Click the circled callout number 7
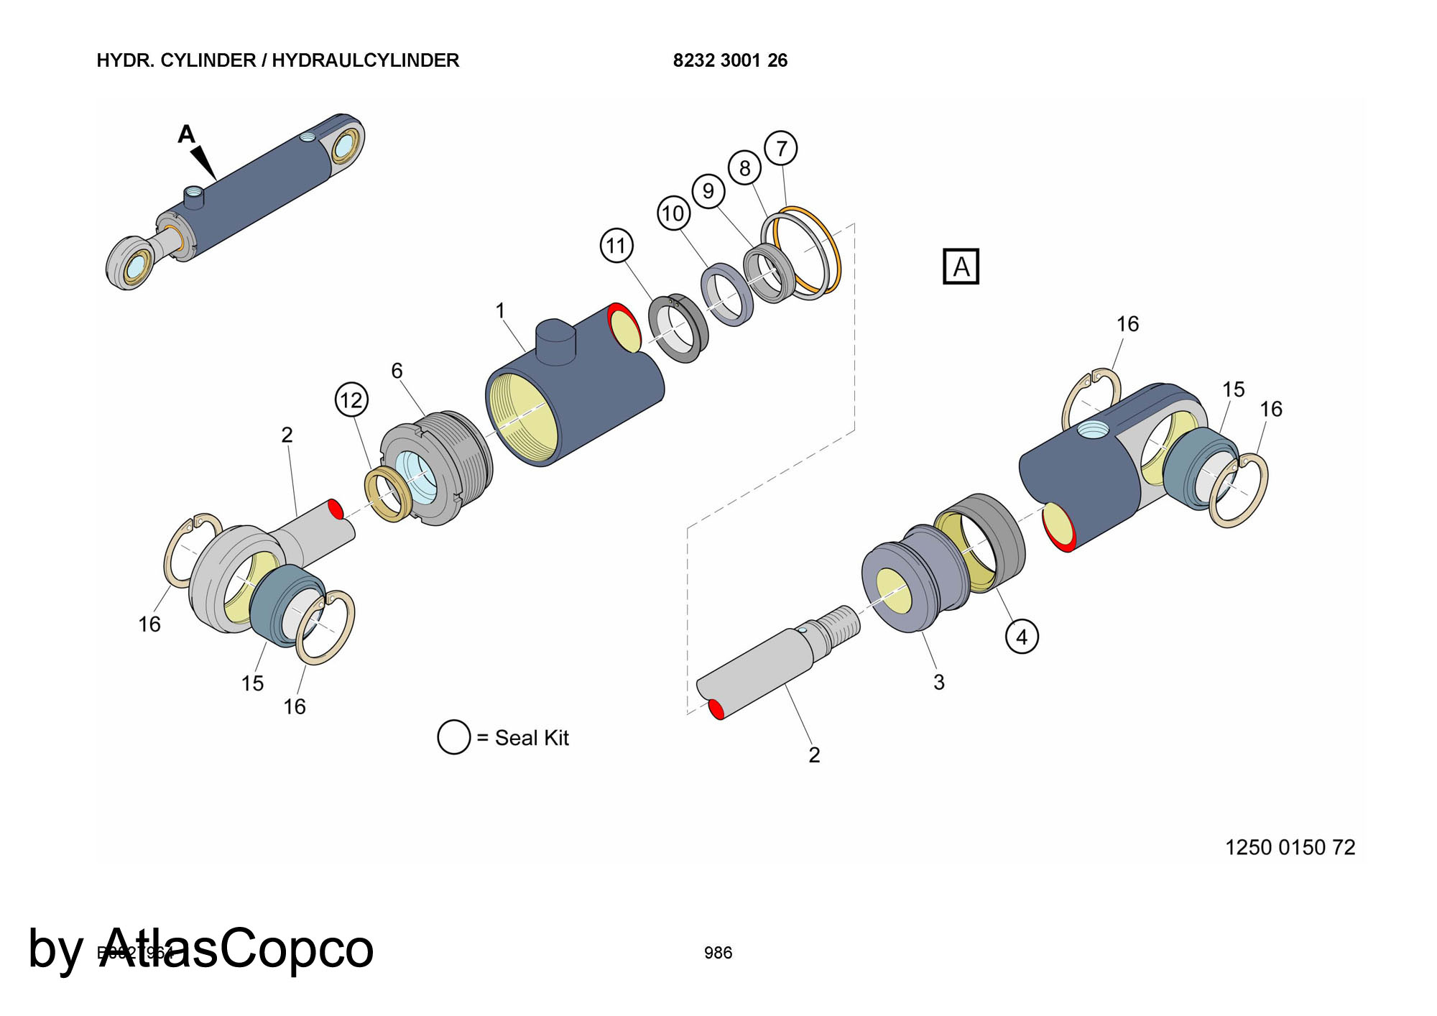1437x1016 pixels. [x=781, y=149]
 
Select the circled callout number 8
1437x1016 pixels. [x=744, y=168]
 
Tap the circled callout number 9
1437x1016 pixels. [x=708, y=190]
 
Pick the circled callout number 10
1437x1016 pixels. [x=673, y=213]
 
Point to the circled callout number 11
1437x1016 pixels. [x=616, y=246]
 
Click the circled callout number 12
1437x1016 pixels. [x=351, y=400]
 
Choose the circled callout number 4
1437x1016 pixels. [x=1022, y=637]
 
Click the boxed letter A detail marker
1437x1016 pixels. [x=961, y=267]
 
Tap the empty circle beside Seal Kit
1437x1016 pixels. [x=453, y=737]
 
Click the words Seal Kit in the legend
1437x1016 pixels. [x=532, y=738]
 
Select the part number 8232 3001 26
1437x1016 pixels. [x=730, y=60]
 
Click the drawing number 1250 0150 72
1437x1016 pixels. [x=1290, y=848]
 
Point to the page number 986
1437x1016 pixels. [x=718, y=953]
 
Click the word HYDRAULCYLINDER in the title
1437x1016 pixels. [x=365, y=60]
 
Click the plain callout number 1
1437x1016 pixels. [x=500, y=310]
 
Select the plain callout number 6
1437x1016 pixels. [x=397, y=370]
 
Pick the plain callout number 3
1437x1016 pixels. [x=938, y=682]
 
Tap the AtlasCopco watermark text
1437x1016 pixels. [x=237, y=948]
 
